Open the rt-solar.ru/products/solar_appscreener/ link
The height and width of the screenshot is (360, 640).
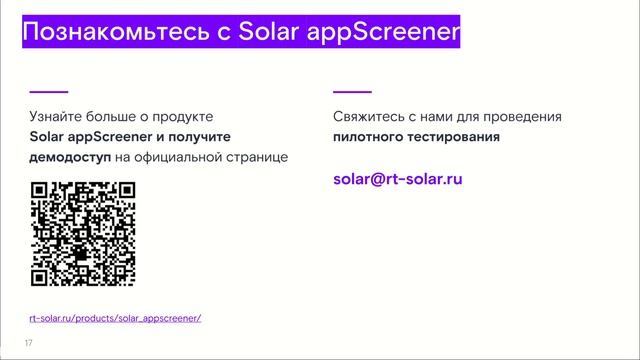pos(115,318)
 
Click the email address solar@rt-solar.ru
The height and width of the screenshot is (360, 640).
pos(398,180)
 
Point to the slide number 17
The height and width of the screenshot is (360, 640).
pos(29,343)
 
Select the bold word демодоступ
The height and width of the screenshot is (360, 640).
pos(69,157)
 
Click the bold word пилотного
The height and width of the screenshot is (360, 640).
pos(372,137)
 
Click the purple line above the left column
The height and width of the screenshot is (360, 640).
pos(49,91)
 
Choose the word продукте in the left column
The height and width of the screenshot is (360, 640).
pos(184,117)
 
